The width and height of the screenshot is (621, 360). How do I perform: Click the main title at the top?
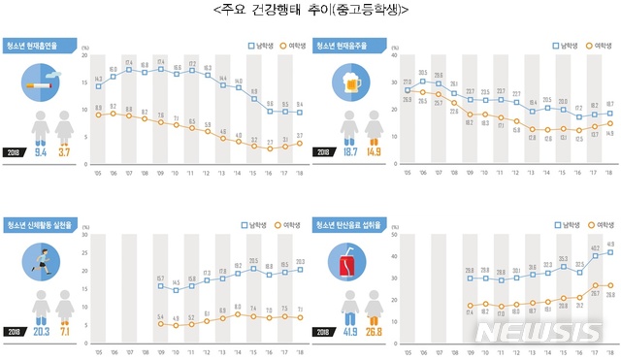(x=310, y=11)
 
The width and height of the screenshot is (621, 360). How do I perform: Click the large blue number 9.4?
(x=40, y=151)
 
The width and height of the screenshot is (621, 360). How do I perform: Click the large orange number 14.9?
(x=374, y=151)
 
